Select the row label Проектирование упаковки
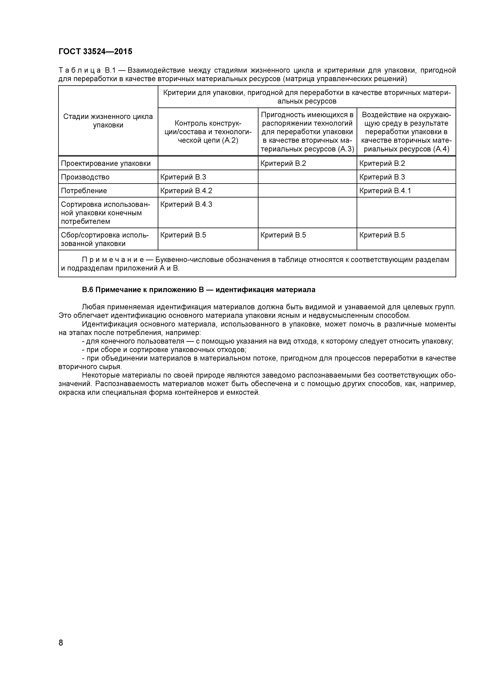pyautogui.click(x=106, y=163)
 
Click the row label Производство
pyautogui.click(x=85, y=177)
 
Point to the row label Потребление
pyautogui.click(x=84, y=191)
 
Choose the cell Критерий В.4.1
pyautogui.click(x=385, y=191)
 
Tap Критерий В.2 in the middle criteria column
pyautogui.click(x=283, y=163)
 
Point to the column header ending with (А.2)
pyautogui.click(x=208, y=132)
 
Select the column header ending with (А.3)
pyautogui.click(x=308, y=132)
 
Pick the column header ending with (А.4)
pyautogui.click(x=406, y=132)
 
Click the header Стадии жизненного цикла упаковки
pyautogui.click(x=108, y=121)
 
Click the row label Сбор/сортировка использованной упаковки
pyautogui.click(x=105, y=239)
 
